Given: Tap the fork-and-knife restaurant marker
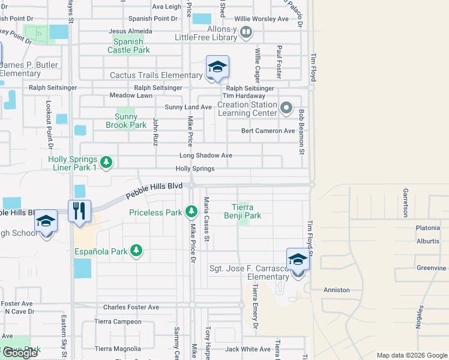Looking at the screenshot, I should click(79, 211).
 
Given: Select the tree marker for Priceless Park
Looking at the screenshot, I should click(191, 211).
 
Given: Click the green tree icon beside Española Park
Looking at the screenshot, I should click(137, 251).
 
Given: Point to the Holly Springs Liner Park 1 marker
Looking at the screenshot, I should click(106, 163).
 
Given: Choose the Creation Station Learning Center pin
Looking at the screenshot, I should click(286, 109).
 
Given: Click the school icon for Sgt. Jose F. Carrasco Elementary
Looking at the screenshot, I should click(298, 260).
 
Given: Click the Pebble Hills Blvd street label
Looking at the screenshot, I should click(154, 191).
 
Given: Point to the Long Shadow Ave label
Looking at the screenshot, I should click(206, 155).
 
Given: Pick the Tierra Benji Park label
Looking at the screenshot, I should click(243, 211).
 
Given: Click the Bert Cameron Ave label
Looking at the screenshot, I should click(268, 131).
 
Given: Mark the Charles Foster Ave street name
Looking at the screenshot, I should click(131, 307).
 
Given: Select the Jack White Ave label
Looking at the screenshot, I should click(248, 349).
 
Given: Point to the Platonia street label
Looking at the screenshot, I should click(427, 228).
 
